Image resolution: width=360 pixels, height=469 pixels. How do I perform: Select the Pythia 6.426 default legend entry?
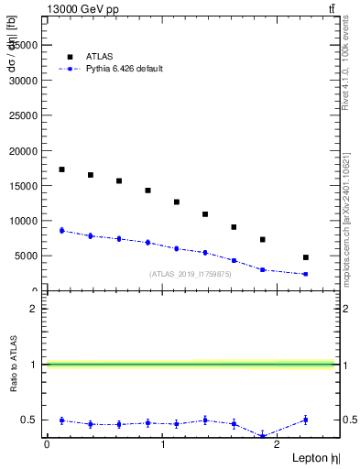(x=124, y=69)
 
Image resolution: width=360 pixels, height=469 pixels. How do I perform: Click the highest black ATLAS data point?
(x=61, y=169)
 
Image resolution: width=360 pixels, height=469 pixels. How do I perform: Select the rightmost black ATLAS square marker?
(x=305, y=257)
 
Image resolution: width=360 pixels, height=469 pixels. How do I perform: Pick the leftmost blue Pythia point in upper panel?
(x=61, y=231)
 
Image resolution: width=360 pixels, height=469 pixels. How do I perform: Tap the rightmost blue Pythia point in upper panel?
(x=305, y=274)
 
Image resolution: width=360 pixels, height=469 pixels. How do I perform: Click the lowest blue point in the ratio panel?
(x=263, y=435)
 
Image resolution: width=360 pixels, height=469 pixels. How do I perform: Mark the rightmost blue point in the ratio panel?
(x=305, y=420)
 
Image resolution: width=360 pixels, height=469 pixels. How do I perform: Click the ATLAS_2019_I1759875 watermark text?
(x=191, y=274)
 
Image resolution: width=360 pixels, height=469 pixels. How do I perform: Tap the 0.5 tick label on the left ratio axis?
(x=30, y=420)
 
